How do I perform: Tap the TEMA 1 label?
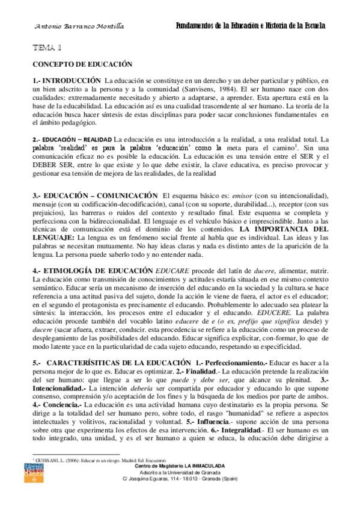[48, 47]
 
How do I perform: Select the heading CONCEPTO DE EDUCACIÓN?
[82, 64]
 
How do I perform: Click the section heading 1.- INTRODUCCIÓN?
[67, 80]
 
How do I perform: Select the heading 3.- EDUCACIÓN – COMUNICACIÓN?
[95, 196]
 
